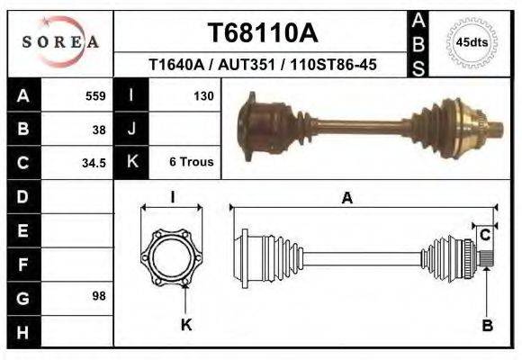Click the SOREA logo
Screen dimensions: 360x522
click(60, 41)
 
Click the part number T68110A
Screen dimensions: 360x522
click(262, 33)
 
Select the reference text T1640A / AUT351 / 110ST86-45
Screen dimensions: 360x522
click(262, 65)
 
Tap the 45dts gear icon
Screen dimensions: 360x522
click(472, 41)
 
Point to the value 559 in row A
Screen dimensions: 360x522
click(95, 96)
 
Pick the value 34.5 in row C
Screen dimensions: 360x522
click(95, 163)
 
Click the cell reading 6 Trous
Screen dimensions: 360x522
click(191, 163)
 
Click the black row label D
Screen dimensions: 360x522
click(23, 196)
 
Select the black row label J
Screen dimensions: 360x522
click(132, 130)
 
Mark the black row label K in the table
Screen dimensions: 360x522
click(132, 163)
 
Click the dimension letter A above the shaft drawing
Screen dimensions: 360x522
click(346, 199)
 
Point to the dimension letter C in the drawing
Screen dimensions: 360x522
click(484, 236)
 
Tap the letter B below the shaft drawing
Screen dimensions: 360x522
click(487, 326)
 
